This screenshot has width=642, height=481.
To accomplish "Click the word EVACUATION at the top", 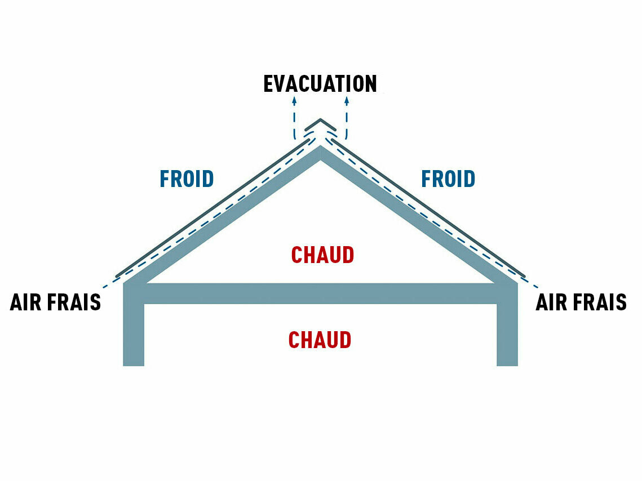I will [320, 84].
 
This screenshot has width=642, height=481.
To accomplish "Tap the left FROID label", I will [187, 179].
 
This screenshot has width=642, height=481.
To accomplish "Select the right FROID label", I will [448, 179].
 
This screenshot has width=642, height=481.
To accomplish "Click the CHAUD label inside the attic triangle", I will [322, 255].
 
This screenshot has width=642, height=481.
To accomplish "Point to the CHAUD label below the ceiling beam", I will [320, 340].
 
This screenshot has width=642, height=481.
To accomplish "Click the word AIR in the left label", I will [26, 302].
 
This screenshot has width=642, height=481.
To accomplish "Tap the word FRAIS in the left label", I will [74, 302].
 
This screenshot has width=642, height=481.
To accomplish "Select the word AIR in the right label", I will [552, 302].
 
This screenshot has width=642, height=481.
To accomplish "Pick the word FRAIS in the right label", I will [600, 302].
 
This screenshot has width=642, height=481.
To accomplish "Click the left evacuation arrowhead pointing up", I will [294, 100].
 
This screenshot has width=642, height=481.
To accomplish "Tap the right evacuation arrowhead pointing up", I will [347, 100].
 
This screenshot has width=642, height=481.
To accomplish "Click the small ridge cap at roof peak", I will [320, 124].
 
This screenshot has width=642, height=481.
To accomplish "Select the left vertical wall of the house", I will [134, 332].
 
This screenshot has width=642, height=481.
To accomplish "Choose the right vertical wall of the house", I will [507, 332].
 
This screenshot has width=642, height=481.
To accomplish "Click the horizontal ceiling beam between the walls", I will [320, 293].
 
